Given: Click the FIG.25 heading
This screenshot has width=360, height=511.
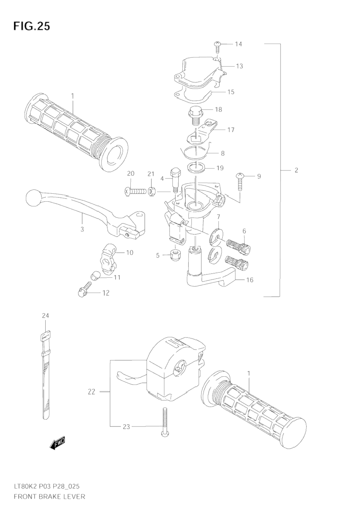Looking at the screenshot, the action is click(x=32, y=26).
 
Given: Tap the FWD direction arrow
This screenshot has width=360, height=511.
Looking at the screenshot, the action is click(x=58, y=444).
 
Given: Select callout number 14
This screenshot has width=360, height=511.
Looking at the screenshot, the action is click(x=238, y=44).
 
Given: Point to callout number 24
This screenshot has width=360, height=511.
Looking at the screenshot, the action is click(x=45, y=316).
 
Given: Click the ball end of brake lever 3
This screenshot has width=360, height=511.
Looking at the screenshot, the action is click(x=33, y=197).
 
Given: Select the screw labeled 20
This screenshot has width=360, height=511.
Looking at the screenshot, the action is click(x=135, y=191).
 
